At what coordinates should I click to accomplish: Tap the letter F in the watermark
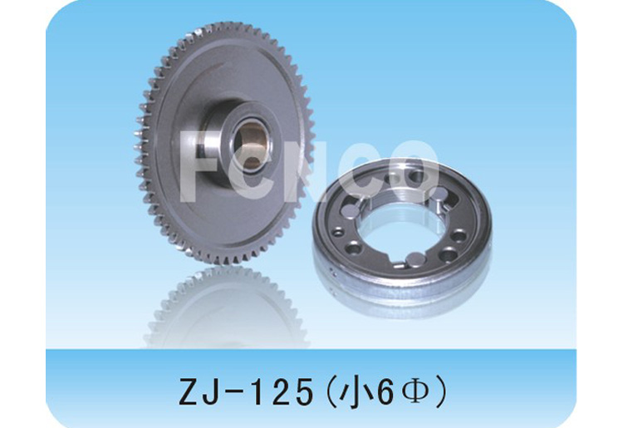point(194,166)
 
